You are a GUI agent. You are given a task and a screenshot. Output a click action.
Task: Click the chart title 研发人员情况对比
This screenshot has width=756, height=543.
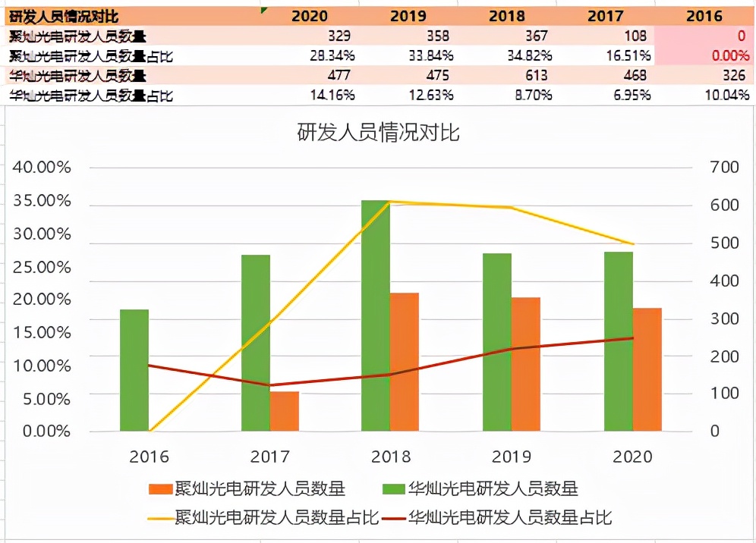click(378, 133)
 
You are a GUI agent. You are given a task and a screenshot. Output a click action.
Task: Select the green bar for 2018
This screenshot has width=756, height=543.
click(376, 315)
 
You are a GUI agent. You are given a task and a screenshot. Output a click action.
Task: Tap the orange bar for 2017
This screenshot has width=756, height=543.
click(284, 411)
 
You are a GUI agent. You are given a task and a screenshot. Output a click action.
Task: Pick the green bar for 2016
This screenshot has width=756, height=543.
click(134, 370)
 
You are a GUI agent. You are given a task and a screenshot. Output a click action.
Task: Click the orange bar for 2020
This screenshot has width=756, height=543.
click(647, 369)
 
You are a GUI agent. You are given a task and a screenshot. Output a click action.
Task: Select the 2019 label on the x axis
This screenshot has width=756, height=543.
click(512, 457)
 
